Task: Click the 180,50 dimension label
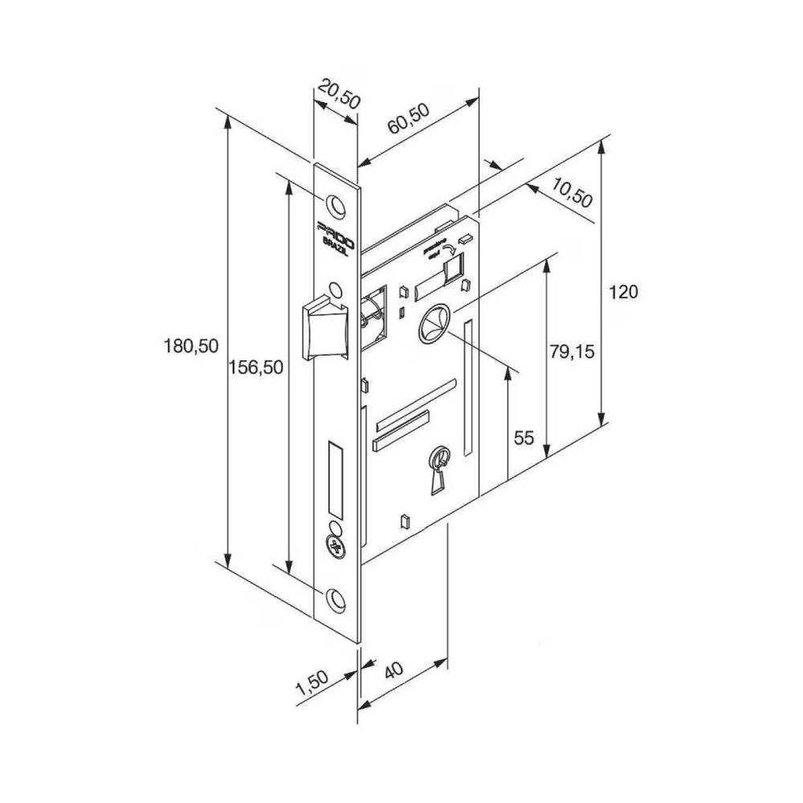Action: [x=190, y=346]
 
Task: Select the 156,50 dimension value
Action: [x=255, y=367]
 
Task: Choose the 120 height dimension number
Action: [x=624, y=291]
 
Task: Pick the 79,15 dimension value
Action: [x=572, y=351]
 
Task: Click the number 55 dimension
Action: [x=524, y=438]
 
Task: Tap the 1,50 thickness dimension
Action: [x=312, y=684]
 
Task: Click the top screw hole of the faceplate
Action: [x=338, y=206]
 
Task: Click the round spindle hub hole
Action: [x=434, y=324]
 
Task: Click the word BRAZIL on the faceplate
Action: [x=336, y=244]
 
